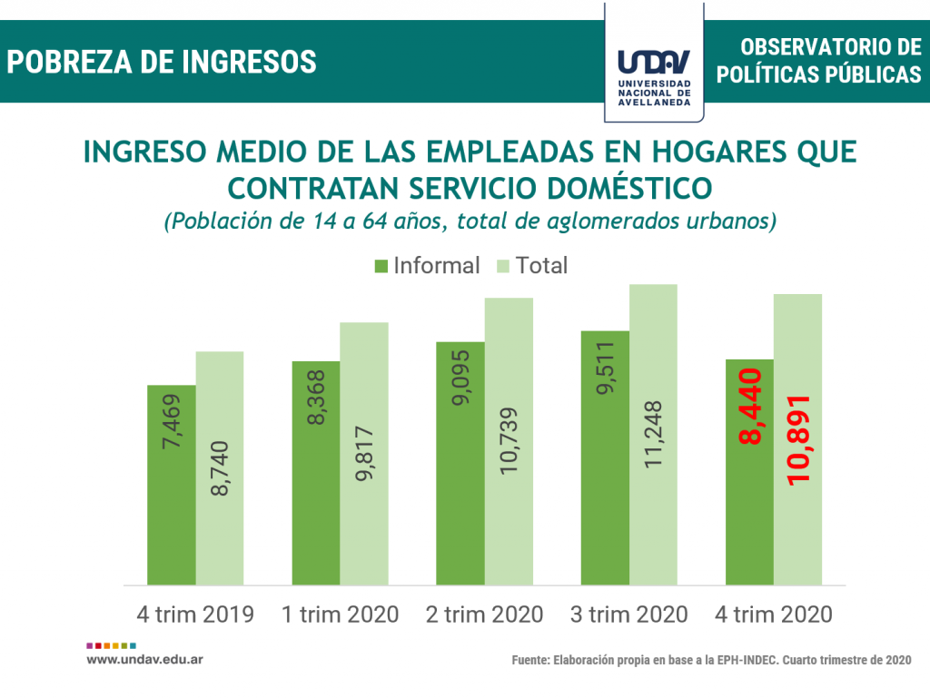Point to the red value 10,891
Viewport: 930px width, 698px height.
[x=798, y=440]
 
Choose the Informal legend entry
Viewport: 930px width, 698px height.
[x=427, y=266]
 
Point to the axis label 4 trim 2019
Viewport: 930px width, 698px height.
[x=195, y=614]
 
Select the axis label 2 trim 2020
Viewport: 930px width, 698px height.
[x=484, y=614]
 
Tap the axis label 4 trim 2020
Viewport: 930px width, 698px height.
[x=774, y=614]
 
